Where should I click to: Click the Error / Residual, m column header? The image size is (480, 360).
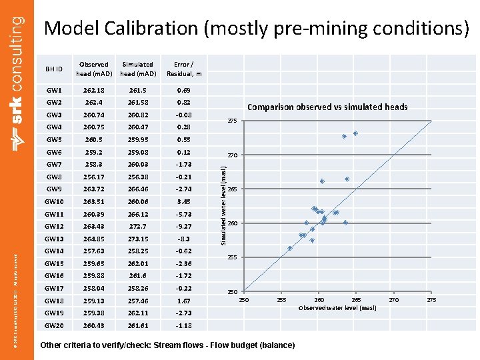[184, 69]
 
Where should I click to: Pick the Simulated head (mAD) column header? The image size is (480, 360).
[138, 69]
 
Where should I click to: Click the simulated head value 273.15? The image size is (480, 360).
[138, 239]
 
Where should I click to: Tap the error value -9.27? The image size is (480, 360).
[184, 226]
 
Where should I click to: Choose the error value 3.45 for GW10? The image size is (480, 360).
[184, 201]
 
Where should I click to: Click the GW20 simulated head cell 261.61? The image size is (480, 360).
[138, 325]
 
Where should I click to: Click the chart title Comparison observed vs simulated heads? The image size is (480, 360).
[327, 107]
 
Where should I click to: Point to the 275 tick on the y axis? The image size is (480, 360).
[231, 121]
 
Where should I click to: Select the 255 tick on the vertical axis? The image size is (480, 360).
[231, 257]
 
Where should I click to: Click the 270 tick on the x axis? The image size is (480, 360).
[394, 301]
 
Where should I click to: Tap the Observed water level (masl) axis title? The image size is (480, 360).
[337, 308]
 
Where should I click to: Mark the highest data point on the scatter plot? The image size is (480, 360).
[355, 133]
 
